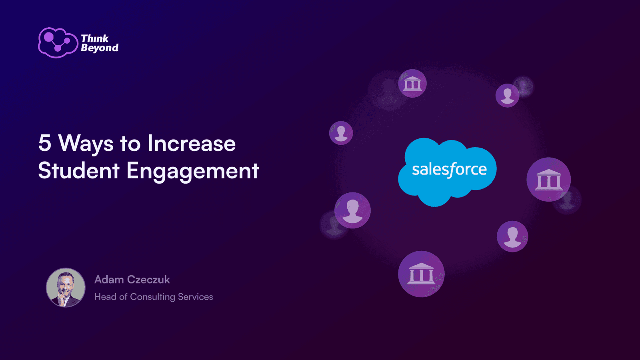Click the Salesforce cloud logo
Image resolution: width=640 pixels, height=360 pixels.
(447, 172)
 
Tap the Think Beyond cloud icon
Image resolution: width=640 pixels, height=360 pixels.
(58, 43)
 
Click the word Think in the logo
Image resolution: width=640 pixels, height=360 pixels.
(94, 38)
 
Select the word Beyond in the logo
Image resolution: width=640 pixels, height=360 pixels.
(100, 48)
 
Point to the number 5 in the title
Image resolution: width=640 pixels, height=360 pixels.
(45, 142)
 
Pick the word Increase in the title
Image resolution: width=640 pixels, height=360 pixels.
(192, 142)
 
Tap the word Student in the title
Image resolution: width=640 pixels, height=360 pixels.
(78, 170)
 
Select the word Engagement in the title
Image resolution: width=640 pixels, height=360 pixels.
(193, 172)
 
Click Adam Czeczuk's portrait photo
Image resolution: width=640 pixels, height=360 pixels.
(66, 288)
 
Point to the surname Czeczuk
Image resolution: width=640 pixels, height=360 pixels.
(148, 280)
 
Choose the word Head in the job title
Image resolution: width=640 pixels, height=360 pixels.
(106, 297)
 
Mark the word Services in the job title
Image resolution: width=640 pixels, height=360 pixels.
(196, 297)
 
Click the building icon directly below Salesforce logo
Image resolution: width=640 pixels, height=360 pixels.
(421, 274)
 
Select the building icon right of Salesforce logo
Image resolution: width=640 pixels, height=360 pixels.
(548, 180)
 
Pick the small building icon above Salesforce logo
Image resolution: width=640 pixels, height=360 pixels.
(412, 84)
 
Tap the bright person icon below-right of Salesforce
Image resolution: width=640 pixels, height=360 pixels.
(512, 236)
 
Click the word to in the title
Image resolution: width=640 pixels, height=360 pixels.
(130, 144)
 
